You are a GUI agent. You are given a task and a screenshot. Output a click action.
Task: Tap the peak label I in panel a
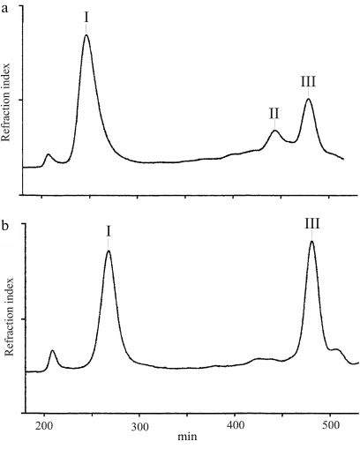[86, 17]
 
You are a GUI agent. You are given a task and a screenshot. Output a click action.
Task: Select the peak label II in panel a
[274, 113]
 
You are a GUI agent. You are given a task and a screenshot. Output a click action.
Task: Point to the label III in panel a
[308, 82]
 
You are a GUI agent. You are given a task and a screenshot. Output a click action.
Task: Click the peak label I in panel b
[108, 231]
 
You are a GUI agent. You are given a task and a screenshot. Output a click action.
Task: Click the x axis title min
[187, 438]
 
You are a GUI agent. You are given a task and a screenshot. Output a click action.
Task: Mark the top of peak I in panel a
[86, 35]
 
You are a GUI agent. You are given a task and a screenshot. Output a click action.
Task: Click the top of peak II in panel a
[274, 131]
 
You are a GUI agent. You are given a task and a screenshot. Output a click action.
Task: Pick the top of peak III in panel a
[308, 99]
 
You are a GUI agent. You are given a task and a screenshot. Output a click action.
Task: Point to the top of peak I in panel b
[108, 251]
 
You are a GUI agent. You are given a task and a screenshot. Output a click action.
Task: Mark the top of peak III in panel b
[311, 242]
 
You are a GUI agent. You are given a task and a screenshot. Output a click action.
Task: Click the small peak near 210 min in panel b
[52, 351]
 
